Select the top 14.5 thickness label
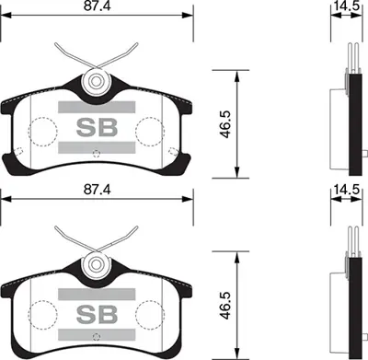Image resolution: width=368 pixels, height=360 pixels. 346,7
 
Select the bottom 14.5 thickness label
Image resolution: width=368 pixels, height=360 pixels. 346,190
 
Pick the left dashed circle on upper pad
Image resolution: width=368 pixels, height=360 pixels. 43,128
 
